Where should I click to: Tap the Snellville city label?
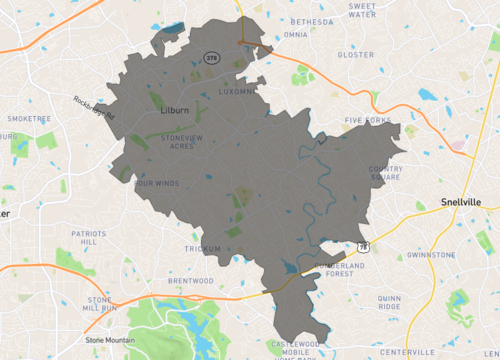tap(460, 202)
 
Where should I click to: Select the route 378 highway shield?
tap(211, 58)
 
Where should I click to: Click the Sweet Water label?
tap(361, 10)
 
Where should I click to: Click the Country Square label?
tap(386, 173)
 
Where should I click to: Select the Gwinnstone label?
tap(432, 255)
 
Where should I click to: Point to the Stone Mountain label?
tap(109, 340)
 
